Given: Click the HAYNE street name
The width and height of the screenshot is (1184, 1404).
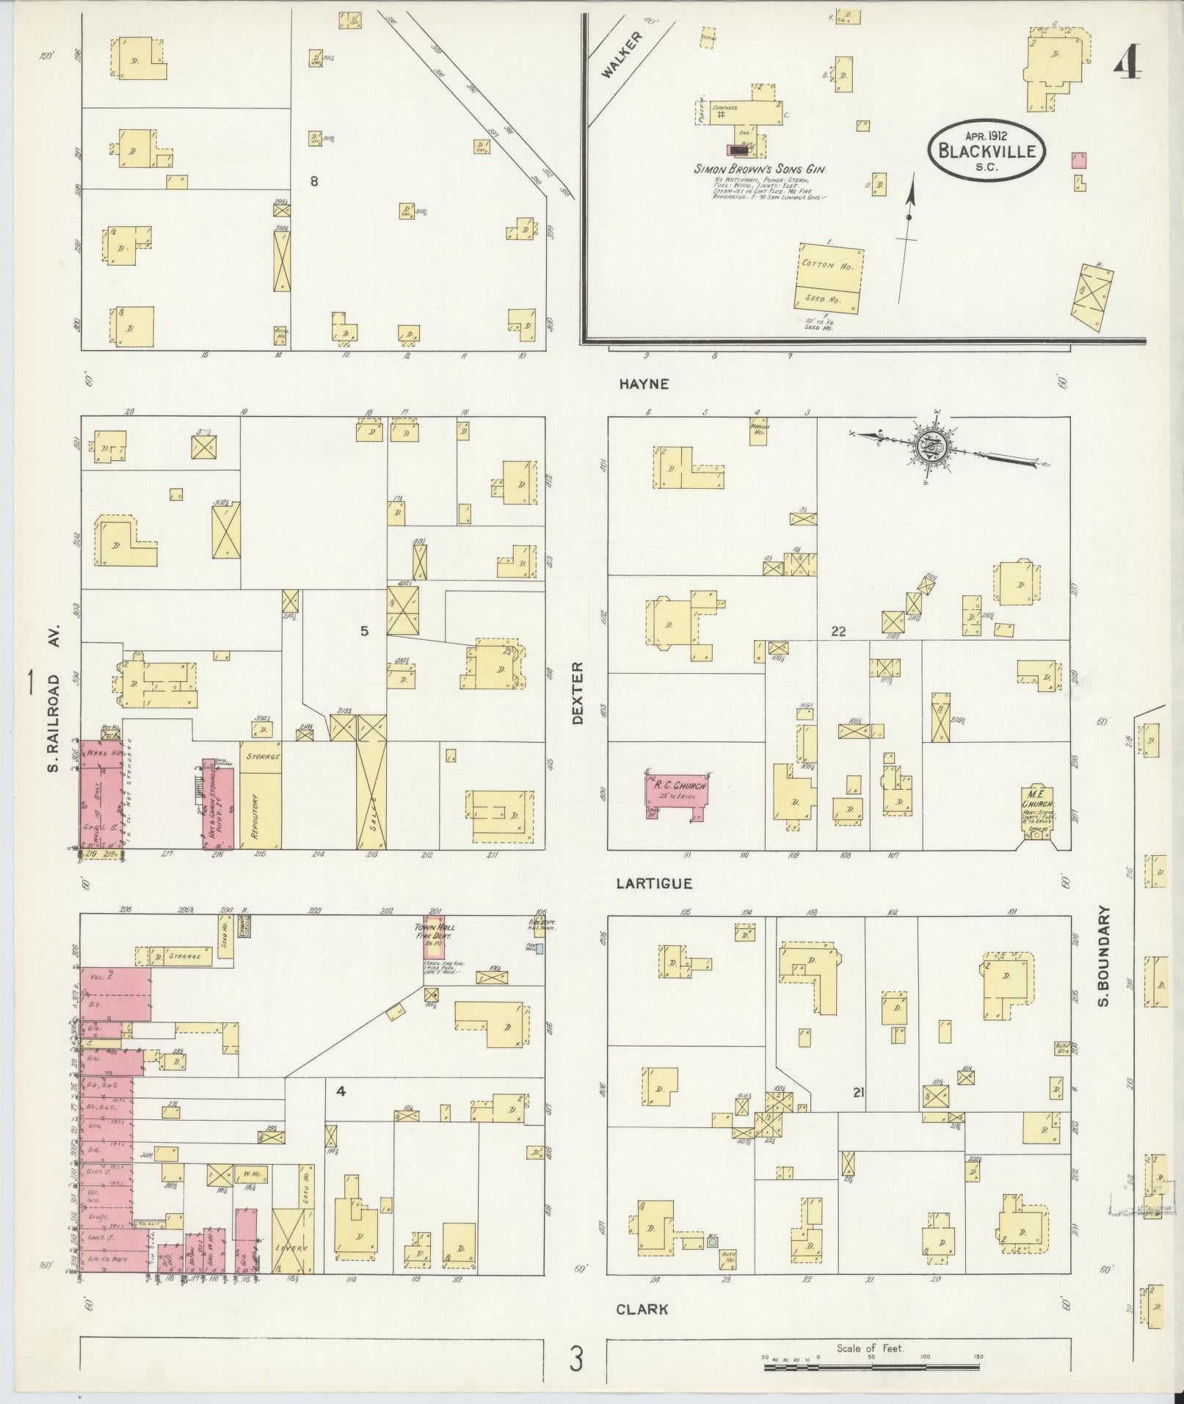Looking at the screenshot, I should click(x=644, y=383).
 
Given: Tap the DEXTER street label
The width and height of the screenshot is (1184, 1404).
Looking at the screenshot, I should click(x=578, y=693).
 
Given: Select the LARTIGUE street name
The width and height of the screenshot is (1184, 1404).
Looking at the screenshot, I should click(x=653, y=884).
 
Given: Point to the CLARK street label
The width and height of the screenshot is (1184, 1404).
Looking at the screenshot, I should click(x=642, y=1309).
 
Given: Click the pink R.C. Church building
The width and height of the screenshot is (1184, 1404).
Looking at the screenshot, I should click(x=675, y=796).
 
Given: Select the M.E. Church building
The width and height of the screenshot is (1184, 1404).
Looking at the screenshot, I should click(x=1037, y=812).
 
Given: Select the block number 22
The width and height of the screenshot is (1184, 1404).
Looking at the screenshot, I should click(x=839, y=630).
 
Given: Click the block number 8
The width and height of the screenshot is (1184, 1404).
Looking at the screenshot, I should click(x=314, y=181).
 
